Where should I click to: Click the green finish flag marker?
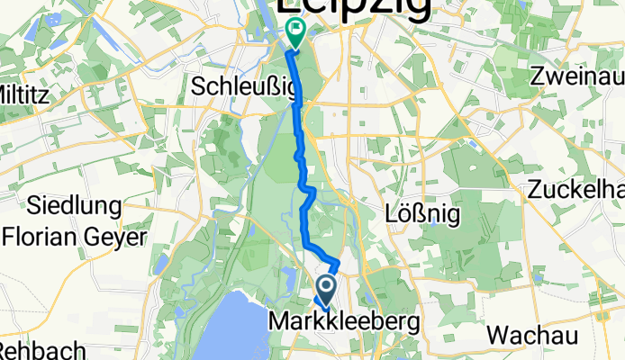pos(294,32)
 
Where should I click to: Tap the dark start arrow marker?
pos(325,290)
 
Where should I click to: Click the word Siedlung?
pos(76,206)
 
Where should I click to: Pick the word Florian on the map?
pos(42,238)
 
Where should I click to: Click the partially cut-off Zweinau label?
pos(577,76)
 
